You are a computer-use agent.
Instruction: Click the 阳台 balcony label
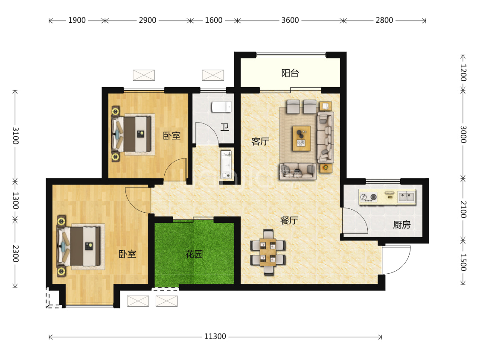(290, 73)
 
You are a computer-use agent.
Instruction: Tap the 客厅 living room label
(260, 141)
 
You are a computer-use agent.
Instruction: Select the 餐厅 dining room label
(289, 220)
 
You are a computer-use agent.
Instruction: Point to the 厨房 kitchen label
(401, 225)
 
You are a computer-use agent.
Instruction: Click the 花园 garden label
(194, 255)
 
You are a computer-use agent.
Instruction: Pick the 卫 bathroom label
(224, 127)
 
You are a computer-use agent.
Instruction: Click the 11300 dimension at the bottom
(215, 337)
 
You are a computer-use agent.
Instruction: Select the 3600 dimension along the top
(290, 20)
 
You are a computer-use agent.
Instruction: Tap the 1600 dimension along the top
(214, 20)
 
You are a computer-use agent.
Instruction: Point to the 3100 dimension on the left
(15, 135)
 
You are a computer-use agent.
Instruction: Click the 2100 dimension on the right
(463, 209)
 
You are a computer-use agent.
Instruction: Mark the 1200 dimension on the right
(463, 73)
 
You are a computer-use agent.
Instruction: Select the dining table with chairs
(268, 252)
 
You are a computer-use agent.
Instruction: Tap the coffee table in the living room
(301, 138)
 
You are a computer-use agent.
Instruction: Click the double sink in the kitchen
(406, 197)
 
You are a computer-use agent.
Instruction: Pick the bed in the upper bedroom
(132, 134)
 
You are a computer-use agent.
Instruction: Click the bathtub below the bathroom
(227, 164)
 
